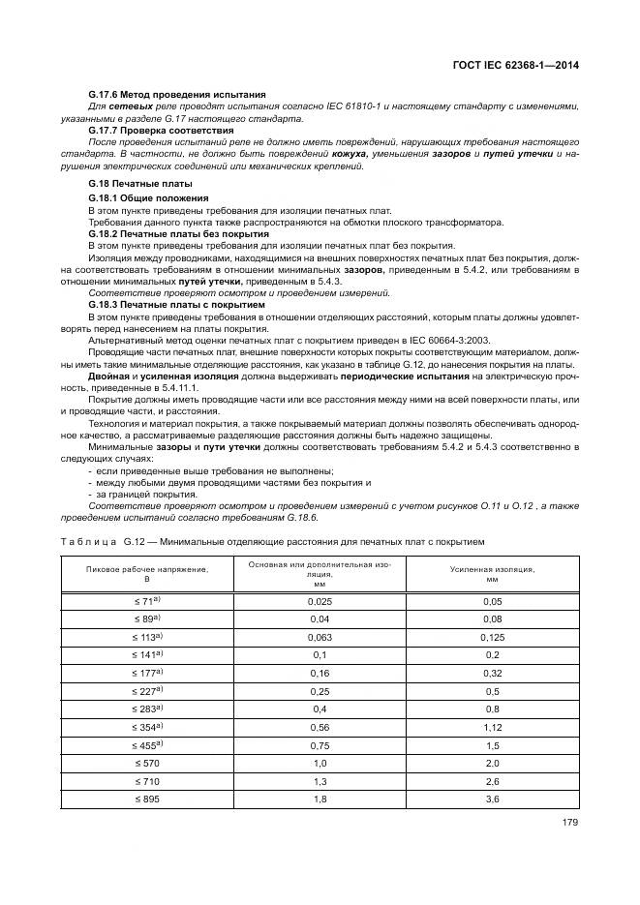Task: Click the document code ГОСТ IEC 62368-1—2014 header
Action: coord(521,67)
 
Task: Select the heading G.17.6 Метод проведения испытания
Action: coord(176,96)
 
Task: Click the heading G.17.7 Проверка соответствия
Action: coord(161,130)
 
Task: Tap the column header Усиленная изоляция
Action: coord(492,572)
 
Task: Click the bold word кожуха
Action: coord(349,153)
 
